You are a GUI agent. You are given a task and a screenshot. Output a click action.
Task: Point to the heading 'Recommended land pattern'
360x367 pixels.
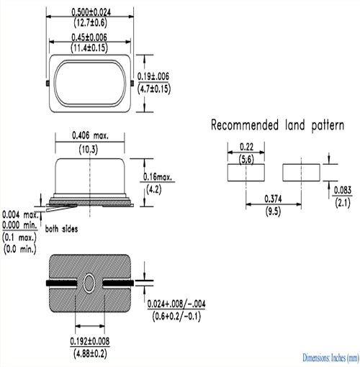(x=277, y=126)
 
